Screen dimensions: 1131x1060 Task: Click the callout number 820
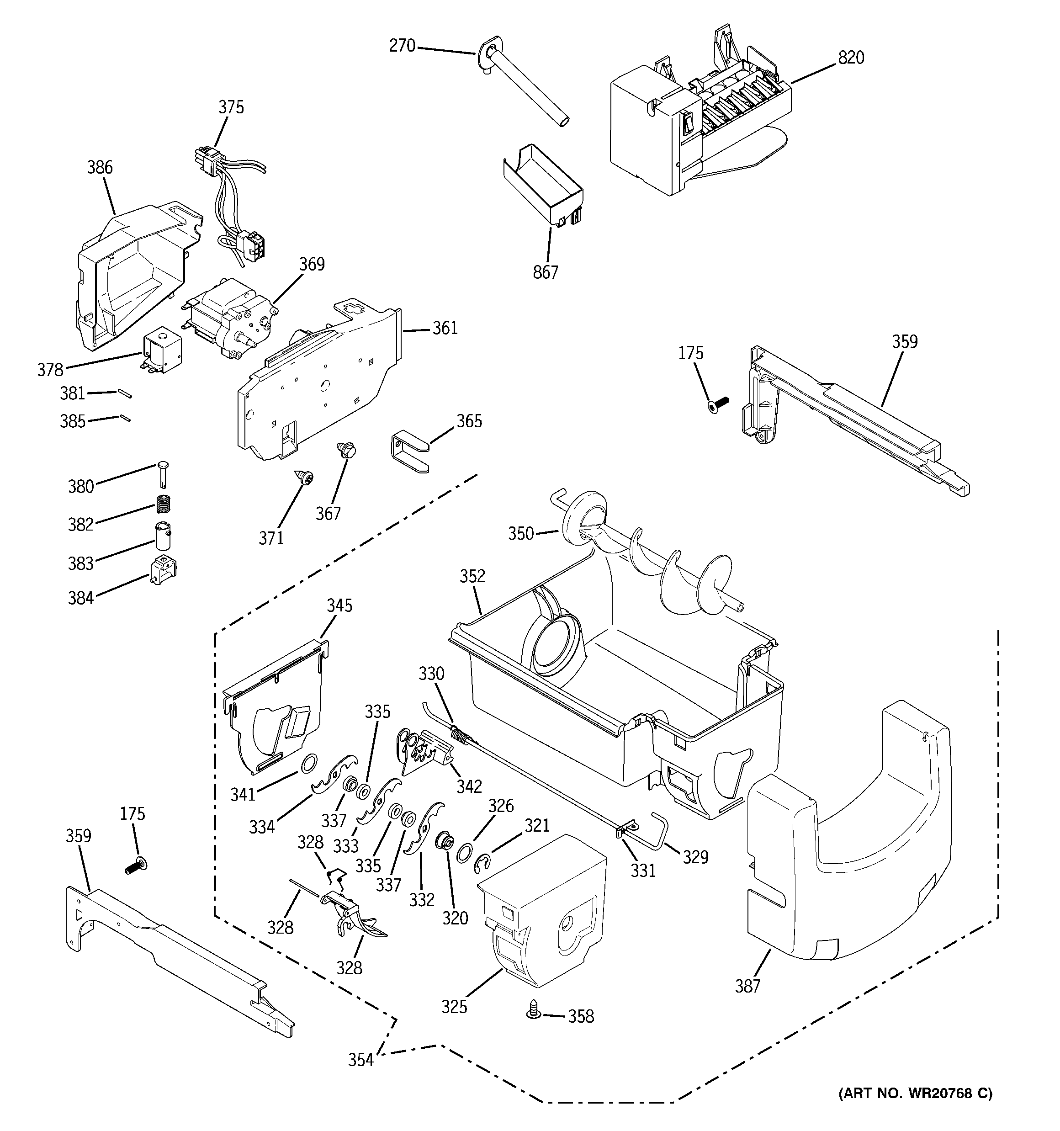coord(851,58)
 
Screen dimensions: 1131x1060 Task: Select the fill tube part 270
coord(524,85)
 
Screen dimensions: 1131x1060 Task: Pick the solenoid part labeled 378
coord(162,353)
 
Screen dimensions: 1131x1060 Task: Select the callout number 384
coord(81,598)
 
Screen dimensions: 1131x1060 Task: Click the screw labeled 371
coord(306,478)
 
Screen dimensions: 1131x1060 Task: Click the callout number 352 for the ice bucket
coord(472,576)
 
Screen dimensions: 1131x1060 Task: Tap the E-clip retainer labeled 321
coord(483,864)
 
